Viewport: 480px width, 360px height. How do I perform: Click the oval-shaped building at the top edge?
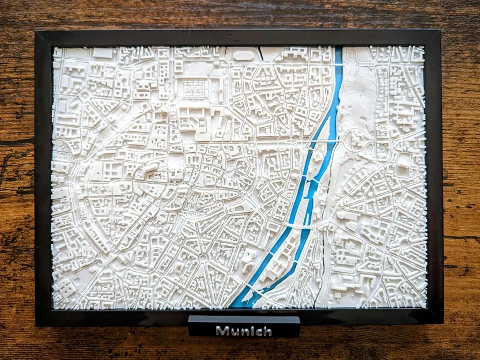point(243,56)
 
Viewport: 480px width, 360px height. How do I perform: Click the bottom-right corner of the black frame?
point(443,323)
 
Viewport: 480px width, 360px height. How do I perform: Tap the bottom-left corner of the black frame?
point(37,325)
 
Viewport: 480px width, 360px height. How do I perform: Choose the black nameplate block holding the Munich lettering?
point(244,325)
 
